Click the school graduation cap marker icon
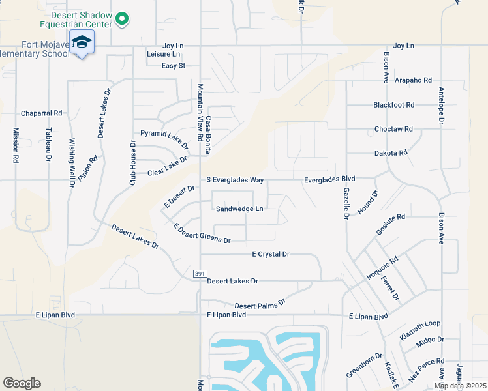coord(82,43)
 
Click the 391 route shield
coord(200,274)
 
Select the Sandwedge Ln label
coord(239,209)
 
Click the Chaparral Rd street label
coord(41,113)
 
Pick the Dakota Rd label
coord(390,152)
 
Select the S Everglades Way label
coord(230,179)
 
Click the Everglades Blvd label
coord(329,179)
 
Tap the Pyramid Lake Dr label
coord(164,137)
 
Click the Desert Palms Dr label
coord(260,304)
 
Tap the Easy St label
coord(174,66)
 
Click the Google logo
coord(22,383)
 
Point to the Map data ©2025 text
coord(460,386)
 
